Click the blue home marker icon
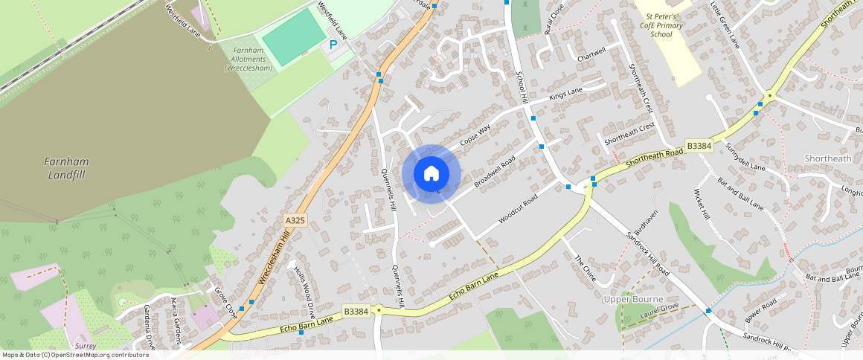tap(431, 174)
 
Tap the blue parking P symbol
tap(333, 45)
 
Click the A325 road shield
tap(295, 220)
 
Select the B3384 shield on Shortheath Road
tap(699, 147)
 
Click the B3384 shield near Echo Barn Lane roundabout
tap(356, 311)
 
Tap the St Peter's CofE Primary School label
tap(660, 25)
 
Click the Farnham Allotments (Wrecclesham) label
tap(248, 59)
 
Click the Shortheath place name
tap(827, 158)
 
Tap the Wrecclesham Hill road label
tap(273, 256)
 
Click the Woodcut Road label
tap(518, 209)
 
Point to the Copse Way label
tap(475, 135)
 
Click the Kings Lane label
tap(565, 95)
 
